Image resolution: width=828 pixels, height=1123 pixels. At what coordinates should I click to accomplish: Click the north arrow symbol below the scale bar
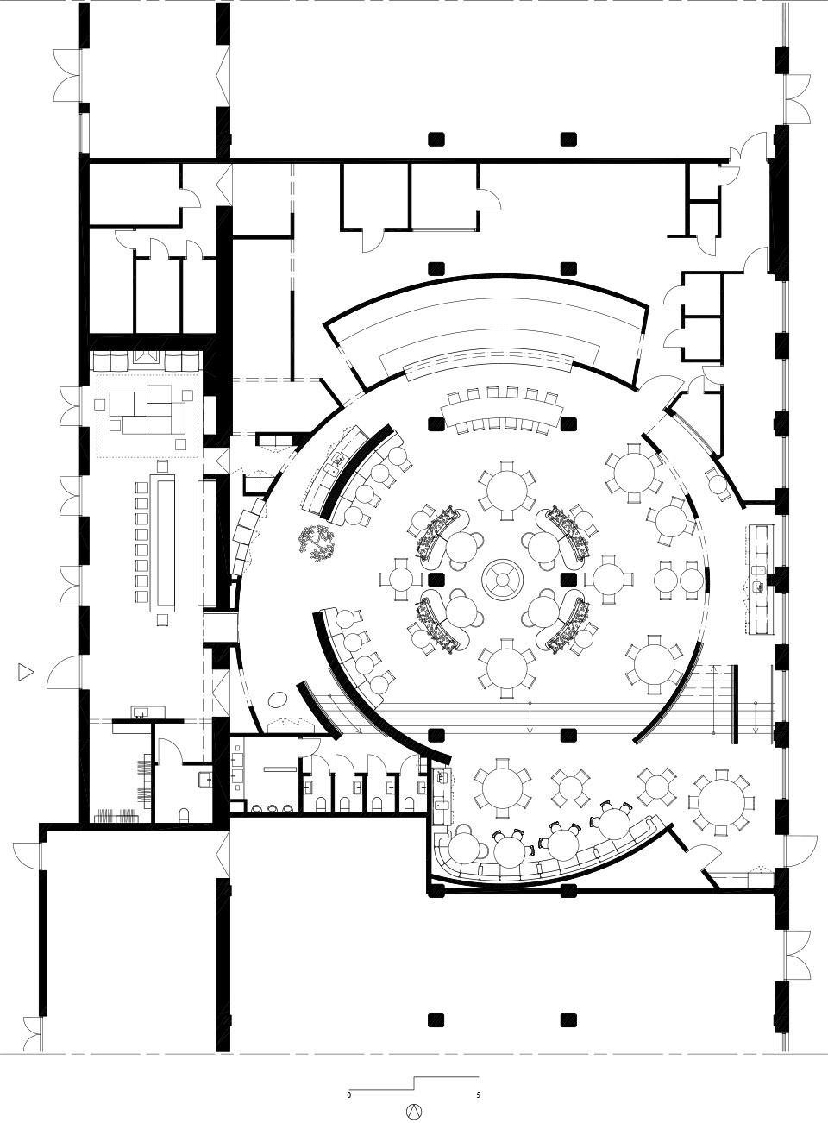point(416,1110)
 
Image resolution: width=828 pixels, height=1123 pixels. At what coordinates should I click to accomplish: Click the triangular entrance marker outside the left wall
point(26,672)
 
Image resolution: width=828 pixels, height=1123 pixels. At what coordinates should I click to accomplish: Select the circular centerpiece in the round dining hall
point(503,580)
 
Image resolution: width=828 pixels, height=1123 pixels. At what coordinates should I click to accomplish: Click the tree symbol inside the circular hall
point(317,543)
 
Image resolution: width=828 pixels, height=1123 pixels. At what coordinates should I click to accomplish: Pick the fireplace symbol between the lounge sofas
point(147,357)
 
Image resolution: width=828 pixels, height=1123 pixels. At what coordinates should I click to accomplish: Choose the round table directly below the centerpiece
point(507,668)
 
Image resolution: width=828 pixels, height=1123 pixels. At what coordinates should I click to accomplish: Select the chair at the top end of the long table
point(162,467)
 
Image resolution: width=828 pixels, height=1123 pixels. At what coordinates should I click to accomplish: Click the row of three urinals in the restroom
point(273,807)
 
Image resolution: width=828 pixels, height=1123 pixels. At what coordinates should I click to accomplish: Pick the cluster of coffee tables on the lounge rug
point(147,410)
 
